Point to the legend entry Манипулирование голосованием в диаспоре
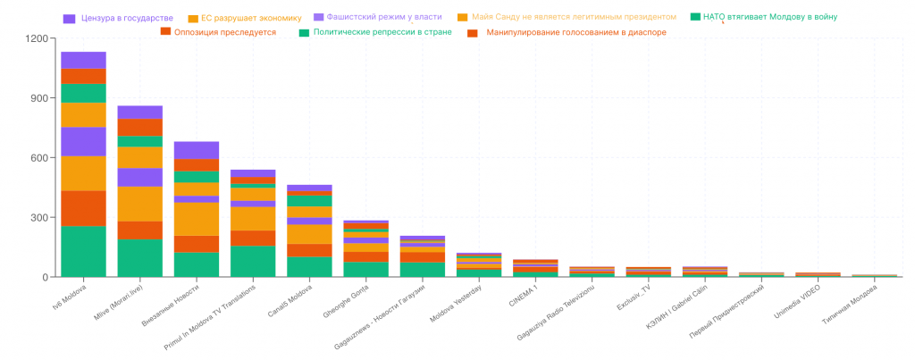pyautogui.click(x=573, y=32)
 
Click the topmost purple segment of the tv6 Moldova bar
pyautogui.click(x=83, y=60)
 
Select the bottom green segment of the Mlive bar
pyautogui.click(x=140, y=257)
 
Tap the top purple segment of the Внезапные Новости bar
pyautogui.click(x=197, y=150)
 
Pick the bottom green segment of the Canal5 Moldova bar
pyautogui.click(x=309, y=266)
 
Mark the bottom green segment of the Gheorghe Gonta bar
pyautogui.click(x=366, y=269)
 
